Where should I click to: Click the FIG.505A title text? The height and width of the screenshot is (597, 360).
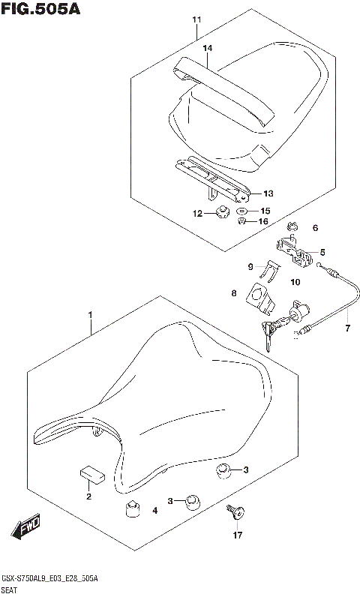(x=41, y=10)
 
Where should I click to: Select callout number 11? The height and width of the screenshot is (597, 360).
(x=196, y=19)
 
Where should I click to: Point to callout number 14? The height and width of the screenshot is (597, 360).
(x=208, y=48)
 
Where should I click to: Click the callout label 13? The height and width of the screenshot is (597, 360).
(x=268, y=193)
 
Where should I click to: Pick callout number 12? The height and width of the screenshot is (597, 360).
(x=198, y=214)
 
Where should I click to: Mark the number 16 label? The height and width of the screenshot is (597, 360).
(x=263, y=221)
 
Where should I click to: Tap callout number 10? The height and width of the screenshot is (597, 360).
(x=294, y=282)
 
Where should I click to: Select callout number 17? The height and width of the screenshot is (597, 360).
(x=238, y=535)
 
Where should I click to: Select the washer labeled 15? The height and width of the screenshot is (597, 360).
(x=242, y=212)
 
